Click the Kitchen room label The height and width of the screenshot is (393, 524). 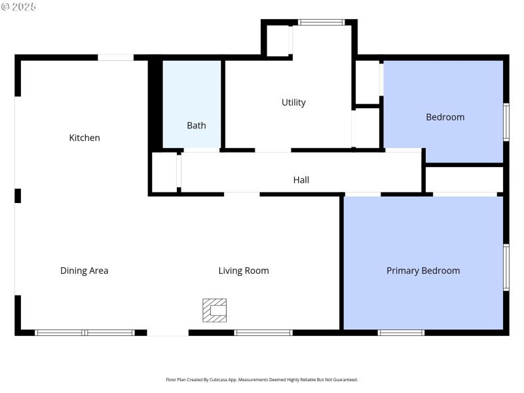[84, 138]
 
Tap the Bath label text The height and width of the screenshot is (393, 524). [196, 125]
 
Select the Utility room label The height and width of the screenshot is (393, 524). [293, 102]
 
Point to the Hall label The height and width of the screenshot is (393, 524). [301, 179]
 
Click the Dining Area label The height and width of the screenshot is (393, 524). [84, 271]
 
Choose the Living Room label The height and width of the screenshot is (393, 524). [243, 271]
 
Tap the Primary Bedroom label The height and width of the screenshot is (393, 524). [422, 271]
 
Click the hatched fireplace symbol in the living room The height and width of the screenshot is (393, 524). [214, 310]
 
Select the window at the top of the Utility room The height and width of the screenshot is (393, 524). [321, 22]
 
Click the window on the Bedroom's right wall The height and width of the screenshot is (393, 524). [506, 122]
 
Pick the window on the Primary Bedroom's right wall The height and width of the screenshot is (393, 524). [506, 267]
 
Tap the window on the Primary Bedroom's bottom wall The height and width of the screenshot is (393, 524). [401, 333]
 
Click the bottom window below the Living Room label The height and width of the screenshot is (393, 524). [263, 333]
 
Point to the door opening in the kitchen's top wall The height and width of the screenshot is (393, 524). [116, 58]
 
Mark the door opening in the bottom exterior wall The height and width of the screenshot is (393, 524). [168, 333]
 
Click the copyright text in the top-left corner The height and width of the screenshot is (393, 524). [19, 7]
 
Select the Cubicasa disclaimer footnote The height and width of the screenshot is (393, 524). [262, 380]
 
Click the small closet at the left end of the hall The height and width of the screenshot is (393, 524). [164, 172]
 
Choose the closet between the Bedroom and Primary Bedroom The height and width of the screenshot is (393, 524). [464, 179]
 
